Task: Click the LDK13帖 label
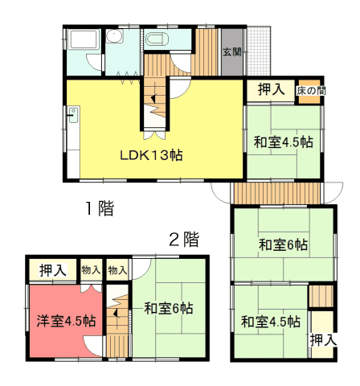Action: [151, 155]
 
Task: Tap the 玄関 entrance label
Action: [232, 52]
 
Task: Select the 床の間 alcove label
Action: [311, 91]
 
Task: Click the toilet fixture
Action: [157, 39]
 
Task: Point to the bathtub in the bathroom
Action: [84, 39]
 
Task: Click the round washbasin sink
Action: [114, 36]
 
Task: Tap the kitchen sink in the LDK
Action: [73, 115]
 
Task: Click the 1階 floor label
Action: [100, 208]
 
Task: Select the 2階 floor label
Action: [184, 239]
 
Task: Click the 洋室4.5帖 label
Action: [66, 321]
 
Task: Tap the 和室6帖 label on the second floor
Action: [169, 308]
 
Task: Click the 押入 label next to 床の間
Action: [271, 89]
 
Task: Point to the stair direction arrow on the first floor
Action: [153, 99]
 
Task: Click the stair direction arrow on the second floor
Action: [116, 313]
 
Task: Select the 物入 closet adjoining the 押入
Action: [91, 270]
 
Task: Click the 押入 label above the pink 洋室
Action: [53, 270]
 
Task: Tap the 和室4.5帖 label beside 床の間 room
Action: [284, 142]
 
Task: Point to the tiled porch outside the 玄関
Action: [258, 51]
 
